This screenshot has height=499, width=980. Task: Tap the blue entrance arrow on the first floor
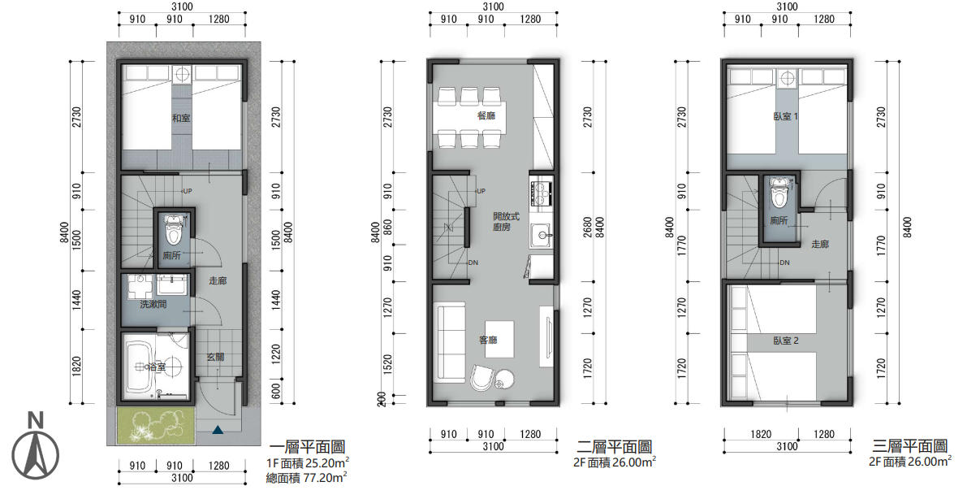tap(218, 430)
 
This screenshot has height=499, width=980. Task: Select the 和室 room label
tap(181, 118)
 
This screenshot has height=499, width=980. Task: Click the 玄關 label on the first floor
tap(215, 357)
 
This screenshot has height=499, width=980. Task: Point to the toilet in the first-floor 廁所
tap(174, 229)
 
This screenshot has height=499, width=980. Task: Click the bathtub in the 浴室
tap(139, 367)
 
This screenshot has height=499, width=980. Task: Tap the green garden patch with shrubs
tap(156, 425)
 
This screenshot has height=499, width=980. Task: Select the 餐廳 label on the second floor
tap(486, 115)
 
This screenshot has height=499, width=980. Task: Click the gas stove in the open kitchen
tap(542, 193)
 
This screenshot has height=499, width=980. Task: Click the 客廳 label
tap(488, 340)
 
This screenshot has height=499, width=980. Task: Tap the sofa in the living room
tap(449, 341)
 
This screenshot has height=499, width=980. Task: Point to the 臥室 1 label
tap(785, 116)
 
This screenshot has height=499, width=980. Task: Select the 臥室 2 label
tap(786, 341)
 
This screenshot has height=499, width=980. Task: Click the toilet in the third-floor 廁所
tap(779, 192)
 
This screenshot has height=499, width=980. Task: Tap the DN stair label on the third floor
tap(784, 263)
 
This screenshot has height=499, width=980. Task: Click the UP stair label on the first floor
tap(188, 191)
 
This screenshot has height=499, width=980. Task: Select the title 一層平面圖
tap(307, 447)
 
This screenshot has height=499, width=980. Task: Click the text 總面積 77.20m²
tap(307, 477)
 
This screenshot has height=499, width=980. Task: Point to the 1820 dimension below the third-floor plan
tap(761, 434)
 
